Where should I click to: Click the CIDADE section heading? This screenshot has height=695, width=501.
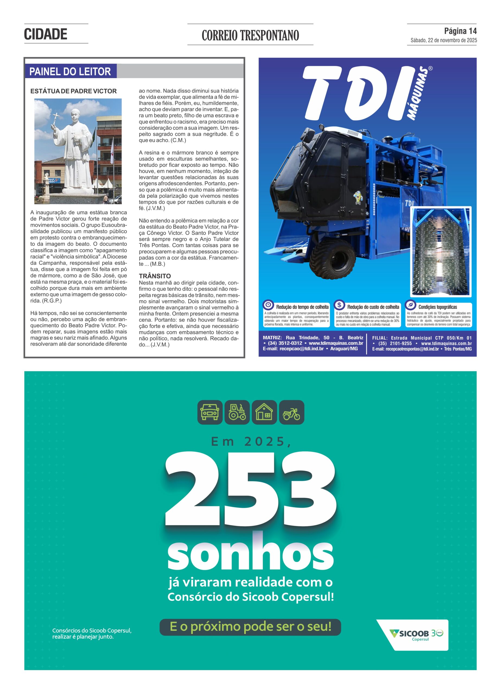pos(45,34)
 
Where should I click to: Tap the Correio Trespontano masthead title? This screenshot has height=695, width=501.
pos(250,35)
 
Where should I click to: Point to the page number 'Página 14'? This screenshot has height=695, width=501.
pos(460,31)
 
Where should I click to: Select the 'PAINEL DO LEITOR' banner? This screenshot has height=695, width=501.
pos(70,71)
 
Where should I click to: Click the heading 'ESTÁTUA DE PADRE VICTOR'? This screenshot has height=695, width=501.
pos(74,91)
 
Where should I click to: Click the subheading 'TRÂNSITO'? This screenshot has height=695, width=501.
pos(155,276)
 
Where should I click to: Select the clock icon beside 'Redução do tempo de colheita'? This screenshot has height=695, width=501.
pos(268,305)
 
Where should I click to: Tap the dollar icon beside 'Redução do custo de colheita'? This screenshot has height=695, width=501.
pos(339,305)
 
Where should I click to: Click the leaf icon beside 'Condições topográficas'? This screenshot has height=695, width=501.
pos(410,305)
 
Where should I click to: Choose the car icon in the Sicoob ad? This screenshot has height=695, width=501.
pos(210,412)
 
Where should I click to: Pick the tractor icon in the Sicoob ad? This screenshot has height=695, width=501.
pos(237,412)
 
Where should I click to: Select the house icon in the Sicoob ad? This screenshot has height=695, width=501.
pos(264,412)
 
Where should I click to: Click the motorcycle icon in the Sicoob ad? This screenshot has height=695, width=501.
pos(291,412)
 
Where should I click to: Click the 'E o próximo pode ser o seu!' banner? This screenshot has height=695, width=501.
pos(250,627)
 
